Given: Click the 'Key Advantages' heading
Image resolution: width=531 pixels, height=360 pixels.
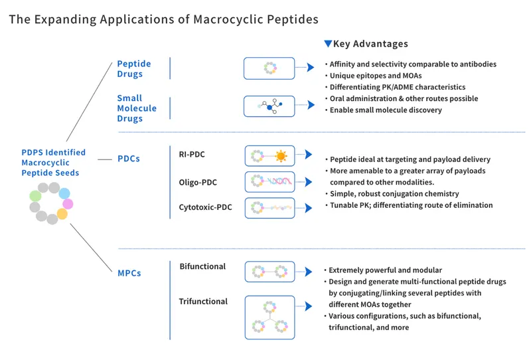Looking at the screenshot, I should coord(370,44).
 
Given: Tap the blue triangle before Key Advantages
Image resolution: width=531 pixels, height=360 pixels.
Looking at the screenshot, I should coord(327,44).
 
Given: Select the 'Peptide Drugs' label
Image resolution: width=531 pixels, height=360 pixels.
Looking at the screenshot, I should coord(134,68).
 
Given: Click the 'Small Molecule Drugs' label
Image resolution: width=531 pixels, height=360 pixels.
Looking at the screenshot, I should coord(137,108).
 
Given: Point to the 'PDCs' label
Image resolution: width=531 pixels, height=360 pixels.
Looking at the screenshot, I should coord(128,159).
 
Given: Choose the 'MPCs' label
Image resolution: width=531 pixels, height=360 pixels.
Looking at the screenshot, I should coord(129,272).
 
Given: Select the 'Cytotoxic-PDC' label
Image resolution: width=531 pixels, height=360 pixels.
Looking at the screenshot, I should coord(206,207).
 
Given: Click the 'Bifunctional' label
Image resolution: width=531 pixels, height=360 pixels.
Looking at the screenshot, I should coord(202,266).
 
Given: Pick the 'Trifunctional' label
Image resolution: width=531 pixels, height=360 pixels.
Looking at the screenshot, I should coord(203,302).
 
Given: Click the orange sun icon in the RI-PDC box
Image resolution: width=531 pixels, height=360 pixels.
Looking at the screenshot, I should coord(281,157).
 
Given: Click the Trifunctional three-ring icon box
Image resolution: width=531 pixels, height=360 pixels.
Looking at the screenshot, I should coord(269,317).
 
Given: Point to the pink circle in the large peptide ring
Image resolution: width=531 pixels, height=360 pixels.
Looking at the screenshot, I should coord(68,204).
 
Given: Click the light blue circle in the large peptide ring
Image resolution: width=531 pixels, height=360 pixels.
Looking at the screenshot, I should coord(64,193).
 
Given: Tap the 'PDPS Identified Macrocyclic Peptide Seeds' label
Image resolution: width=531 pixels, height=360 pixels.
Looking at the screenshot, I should coord(53,163).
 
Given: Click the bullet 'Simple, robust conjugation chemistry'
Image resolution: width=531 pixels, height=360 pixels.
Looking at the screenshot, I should coord(394,193).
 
